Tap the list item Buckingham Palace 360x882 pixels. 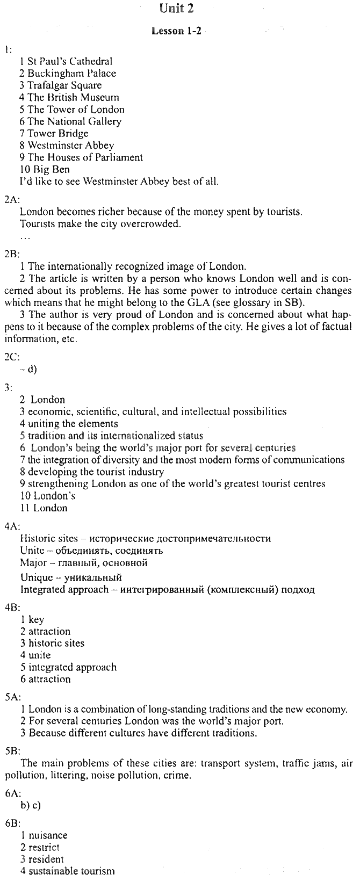[68, 74]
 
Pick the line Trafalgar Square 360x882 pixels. [60, 85]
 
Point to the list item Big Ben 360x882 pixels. [45, 169]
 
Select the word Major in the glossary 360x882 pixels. [33, 563]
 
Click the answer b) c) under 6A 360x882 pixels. [31, 805]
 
